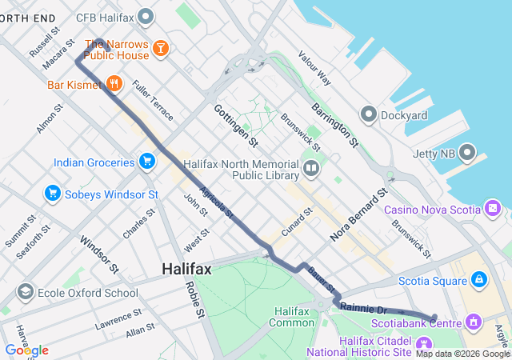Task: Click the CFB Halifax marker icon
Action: pos(146,16)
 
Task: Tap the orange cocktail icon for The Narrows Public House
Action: pos(161,50)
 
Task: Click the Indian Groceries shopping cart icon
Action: pos(146,162)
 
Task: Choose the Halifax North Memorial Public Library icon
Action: pos(310,169)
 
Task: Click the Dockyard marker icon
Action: pos(369,115)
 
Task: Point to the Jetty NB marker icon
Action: pos(467,153)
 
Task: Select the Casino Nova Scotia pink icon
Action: pos(493,210)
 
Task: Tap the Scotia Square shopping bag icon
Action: pos(478,280)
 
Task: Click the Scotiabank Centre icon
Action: pos(474,322)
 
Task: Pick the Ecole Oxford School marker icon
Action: pos(25,292)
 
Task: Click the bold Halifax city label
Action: pos(186,270)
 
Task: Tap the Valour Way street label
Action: pos(314,69)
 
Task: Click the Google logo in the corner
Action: pos(26,350)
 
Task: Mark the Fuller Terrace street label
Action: pos(152,100)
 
